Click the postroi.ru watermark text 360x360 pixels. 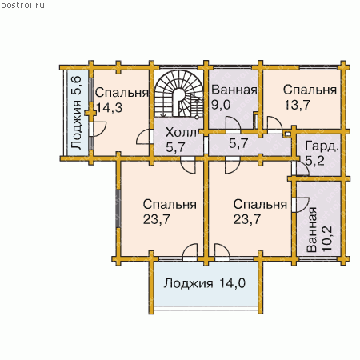click(22, 5)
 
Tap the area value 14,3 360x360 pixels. click(109, 108)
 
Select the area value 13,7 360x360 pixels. click(297, 105)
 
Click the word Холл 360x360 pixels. click(181, 133)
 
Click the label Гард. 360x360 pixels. click(322, 146)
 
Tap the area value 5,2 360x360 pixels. click(314, 161)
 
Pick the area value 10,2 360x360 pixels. click(327, 238)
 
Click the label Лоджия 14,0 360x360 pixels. click(204, 283)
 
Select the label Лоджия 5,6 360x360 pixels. click(76, 113)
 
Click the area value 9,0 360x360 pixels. click(221, 105)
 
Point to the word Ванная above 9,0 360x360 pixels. click(234, 90)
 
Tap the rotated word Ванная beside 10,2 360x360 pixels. click(312, 230)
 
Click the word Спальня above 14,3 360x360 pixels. click(122, 93)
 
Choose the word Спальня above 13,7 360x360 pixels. click(310, 90)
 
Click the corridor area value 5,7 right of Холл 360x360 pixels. click(238, 143)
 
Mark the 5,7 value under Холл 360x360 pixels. click(175, 147)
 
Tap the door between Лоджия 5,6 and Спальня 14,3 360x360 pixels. click(98, 129)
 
